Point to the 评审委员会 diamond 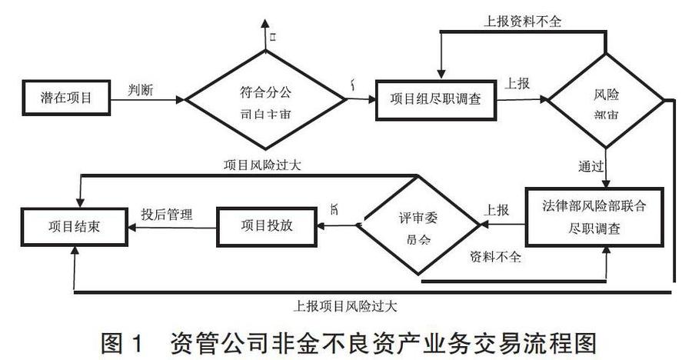(420, 225)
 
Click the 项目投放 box (266, 225)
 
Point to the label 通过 (591, 165)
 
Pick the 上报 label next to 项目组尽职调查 (517, 84)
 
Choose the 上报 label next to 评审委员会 (496, 209)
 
